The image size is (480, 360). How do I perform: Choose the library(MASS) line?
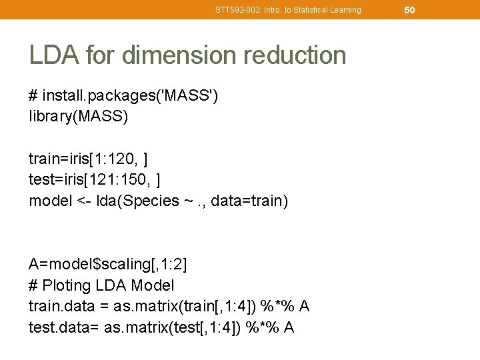point(79,116)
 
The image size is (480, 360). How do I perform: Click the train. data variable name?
point(61,307)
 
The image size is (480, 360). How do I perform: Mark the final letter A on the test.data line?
point(289,328)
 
